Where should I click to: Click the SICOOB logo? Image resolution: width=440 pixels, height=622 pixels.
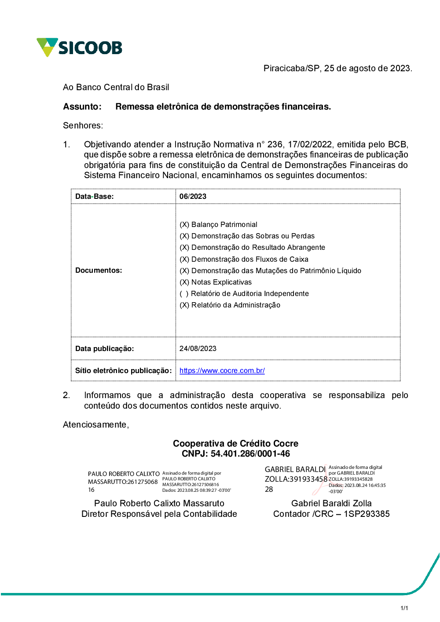80,47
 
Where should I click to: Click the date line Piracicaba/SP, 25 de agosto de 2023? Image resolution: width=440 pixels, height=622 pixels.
337,68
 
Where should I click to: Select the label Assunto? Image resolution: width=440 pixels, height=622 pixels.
82,106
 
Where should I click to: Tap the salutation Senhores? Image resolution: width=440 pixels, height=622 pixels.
83,125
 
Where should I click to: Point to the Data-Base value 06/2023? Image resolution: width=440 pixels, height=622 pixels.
193,196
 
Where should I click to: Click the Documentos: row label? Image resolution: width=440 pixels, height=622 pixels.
99,270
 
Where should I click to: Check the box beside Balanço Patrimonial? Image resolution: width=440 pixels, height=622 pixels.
184,224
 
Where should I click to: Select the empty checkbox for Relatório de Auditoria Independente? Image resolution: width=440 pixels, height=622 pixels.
184,293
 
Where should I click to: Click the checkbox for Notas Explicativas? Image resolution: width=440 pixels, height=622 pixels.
184,282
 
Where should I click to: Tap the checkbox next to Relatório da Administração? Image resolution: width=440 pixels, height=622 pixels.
184,305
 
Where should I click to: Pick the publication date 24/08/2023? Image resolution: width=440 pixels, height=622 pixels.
198,348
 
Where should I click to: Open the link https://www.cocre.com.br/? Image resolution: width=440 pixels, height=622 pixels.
222,370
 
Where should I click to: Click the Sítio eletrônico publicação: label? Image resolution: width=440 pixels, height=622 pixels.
123,370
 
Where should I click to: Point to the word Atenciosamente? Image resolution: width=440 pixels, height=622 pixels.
95,424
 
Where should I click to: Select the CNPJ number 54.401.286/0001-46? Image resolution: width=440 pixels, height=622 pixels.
250,454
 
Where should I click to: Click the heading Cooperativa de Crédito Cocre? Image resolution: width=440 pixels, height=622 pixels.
235,443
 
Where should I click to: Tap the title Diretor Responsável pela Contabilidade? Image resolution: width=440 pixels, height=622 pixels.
159,514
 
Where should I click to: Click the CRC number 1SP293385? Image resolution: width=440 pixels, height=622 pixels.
367,514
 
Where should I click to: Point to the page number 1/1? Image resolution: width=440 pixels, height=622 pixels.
404,608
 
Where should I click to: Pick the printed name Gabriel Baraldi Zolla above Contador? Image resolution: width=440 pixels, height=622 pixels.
331,503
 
